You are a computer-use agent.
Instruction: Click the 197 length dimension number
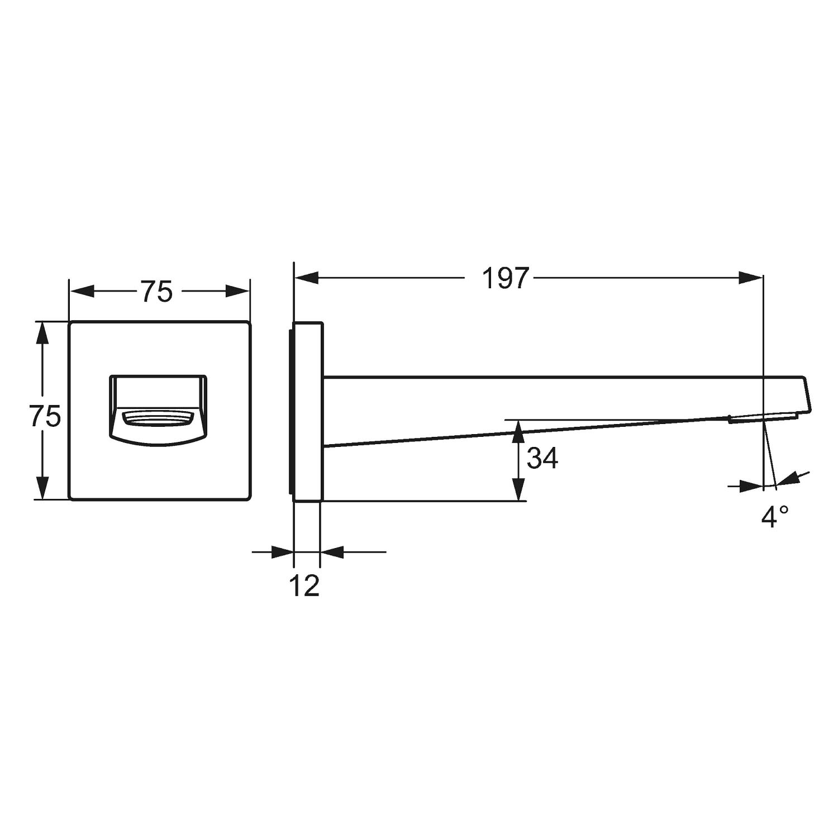click(x=505, y=278)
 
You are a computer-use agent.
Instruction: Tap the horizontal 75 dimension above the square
click(x=156, y=291)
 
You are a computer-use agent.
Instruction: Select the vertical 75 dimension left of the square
click(x=45, y=416)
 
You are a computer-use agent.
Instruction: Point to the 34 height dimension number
click(x=542, y=459)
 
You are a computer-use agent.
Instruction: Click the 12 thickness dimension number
click(x=305, y=585)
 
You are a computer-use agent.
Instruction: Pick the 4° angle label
click(x=775, y=517)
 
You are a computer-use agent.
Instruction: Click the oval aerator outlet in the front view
click(x=159, y=418)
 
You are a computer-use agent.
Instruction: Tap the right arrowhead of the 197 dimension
click(x=750, y=278)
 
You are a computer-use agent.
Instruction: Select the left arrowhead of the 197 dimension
click(x=307, y=278)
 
